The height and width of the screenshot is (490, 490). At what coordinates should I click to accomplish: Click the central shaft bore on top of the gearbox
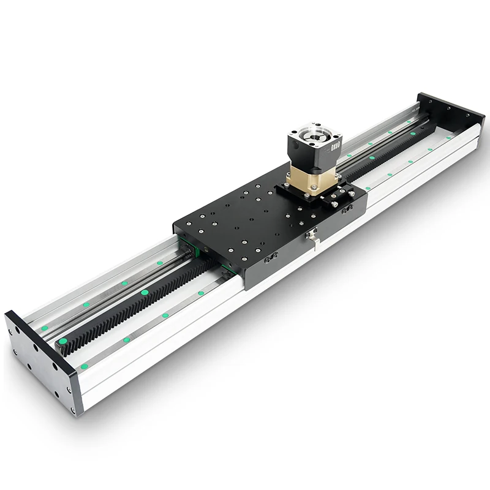click(315, 134)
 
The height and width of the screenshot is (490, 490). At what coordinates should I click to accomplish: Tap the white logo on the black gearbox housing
click(334, 146)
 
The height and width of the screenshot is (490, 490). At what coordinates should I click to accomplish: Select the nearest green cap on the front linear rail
click(84, 366)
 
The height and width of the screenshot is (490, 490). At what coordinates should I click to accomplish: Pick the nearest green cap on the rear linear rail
click(44, 328)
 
